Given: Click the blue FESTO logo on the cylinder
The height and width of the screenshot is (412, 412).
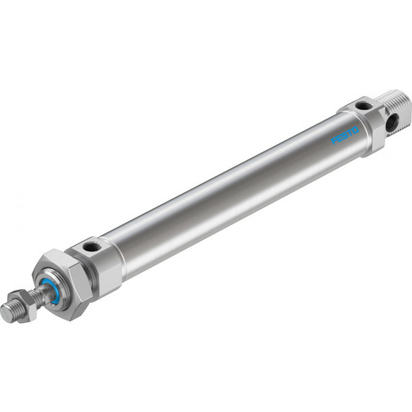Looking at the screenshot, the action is tap(345, 135).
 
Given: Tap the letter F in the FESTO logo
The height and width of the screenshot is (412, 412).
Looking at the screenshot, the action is tap(334, 141).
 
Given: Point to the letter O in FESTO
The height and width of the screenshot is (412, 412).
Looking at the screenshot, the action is tap(355, 130).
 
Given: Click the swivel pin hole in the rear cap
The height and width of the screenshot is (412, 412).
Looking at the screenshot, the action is tap(392, 122).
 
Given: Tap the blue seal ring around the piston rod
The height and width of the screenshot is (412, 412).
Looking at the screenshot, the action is tap(51, 291).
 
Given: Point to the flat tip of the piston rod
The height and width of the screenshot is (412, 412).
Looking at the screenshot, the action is tap(5, 313).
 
